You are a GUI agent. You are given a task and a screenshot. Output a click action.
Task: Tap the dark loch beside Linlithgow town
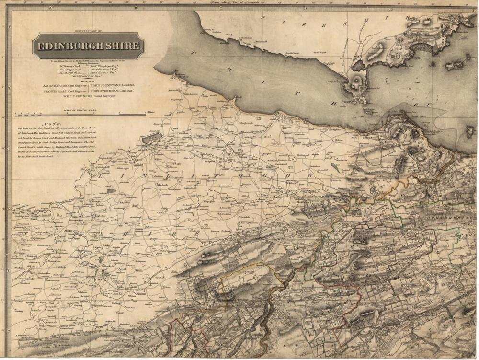(152, 138)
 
